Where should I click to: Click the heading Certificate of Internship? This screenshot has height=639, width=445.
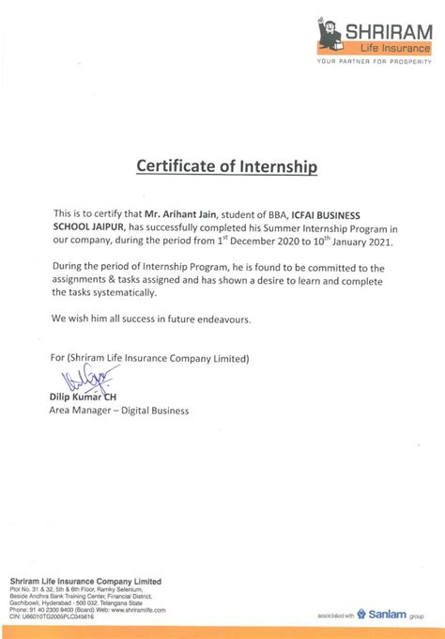[227, 166]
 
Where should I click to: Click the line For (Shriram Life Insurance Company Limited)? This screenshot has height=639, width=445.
[151, 357]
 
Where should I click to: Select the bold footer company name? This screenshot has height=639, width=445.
[72, 581]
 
